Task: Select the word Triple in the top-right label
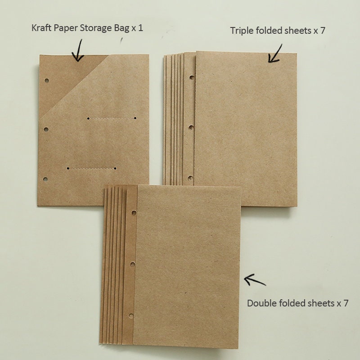241,31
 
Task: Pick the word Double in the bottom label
260,303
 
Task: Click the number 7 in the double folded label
346,303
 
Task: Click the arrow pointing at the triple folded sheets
275,54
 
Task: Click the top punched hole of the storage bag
46,81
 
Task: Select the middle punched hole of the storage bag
46,129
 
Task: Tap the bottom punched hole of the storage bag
45,180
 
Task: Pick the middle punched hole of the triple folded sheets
191,128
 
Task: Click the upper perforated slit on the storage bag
112,118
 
